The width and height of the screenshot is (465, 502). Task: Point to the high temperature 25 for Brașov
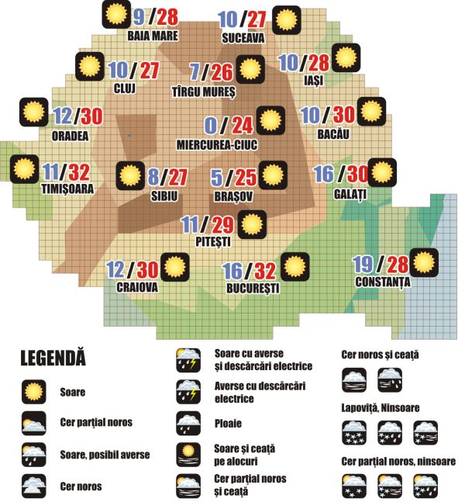(245, 178)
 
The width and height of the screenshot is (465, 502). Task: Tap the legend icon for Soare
(33, 393)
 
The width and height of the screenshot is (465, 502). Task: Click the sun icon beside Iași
(345, 58)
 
